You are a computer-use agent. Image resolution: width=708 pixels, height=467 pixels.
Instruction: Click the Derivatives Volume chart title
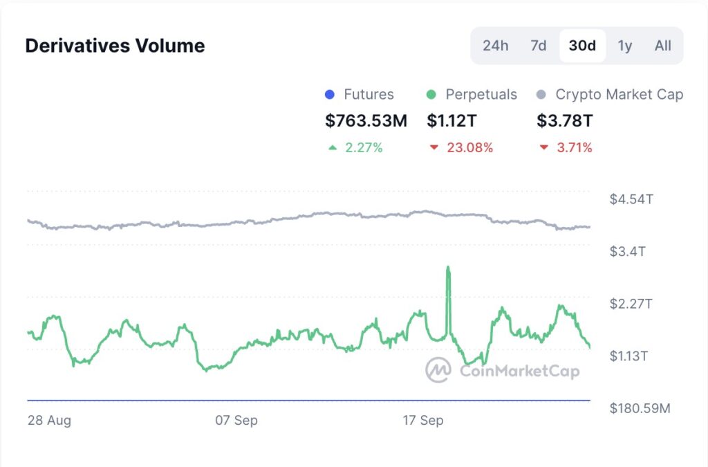pyautogui.click(x=115, y=46)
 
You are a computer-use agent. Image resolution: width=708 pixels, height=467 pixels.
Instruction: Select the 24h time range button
pyautogui.click(x=495, y=46)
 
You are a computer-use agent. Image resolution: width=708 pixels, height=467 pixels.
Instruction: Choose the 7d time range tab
pyautogui.click(x=538, y=46)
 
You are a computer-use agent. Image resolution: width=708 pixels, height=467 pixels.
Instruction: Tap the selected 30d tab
pyautogui.click(x=582, y=46)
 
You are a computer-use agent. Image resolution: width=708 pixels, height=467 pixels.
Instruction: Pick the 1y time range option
pyautogui.click(x=624, y=46)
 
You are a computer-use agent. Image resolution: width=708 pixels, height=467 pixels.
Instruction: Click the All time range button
pyautogui.click(x=662, y=46)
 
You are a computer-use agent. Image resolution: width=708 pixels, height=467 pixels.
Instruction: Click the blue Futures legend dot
pyautogui.click(x=330, y=95)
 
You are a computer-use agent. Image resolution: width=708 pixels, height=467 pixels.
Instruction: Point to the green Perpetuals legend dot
pyautogui.click(x=431, y=95)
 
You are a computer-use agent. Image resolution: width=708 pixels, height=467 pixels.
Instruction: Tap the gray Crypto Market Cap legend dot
pyautogui.click(x=542, y=95)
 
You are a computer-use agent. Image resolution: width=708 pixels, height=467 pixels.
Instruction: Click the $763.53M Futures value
pyautogui.click(x=366, y=121)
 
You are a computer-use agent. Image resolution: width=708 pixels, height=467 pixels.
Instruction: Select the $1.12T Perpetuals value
pyautogui.click(x=451, y=121)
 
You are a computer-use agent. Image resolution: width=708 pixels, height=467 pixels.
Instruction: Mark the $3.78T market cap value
pyautogui.click(x=564, y=121)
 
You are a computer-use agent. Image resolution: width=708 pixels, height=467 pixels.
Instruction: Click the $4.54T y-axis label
pyautogui.click(x=631, y=199)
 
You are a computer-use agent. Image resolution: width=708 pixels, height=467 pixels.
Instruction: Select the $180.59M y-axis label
pyautogui.click(x=640, y=408)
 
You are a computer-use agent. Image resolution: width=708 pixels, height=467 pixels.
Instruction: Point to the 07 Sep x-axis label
pyautogui.click(x=236, y=420)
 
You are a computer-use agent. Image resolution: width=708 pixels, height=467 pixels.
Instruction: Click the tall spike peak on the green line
pyautogui.click(x=449, y=267)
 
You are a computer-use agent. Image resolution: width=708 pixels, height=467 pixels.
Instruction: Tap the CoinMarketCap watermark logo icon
pyautogui.click(x=438, y=370)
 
